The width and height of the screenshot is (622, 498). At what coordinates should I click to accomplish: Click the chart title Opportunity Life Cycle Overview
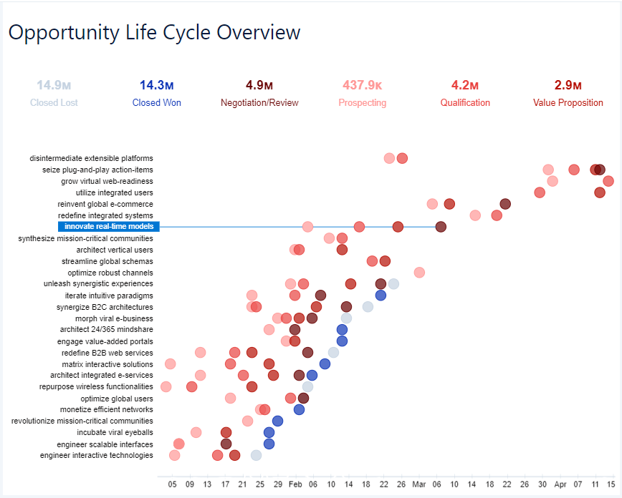(154, 32)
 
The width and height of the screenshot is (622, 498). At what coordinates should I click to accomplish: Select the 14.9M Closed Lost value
(54, 86)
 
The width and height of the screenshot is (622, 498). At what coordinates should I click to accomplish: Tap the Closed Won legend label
(157, 103)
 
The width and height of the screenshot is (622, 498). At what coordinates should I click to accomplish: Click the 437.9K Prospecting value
(362, 86)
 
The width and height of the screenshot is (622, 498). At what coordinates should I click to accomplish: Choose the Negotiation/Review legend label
(259, 103)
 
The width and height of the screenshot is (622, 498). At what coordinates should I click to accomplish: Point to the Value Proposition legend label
(568, 103)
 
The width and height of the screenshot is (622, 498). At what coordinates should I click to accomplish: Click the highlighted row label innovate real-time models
(108, 227)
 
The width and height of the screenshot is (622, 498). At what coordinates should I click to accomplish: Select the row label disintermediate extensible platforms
(92, 158)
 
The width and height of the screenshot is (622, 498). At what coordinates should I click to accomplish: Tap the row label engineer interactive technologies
(97, 456)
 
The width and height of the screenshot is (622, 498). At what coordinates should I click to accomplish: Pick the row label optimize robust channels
(110, 273)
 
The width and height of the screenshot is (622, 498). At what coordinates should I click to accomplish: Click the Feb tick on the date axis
(295, 484)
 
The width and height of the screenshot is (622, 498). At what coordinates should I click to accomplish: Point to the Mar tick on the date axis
(419, 484)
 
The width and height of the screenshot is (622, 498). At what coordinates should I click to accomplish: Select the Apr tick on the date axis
(560, 484)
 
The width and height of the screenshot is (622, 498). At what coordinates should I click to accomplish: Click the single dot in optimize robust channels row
(419, 273)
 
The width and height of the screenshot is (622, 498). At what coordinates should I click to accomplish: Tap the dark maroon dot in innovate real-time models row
(441, 227)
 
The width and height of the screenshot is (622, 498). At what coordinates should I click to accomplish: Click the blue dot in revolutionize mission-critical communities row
(277, 421)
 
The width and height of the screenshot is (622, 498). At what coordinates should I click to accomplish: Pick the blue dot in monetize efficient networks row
(299, 409)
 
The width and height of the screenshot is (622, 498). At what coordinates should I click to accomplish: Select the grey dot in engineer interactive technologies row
(256, 455)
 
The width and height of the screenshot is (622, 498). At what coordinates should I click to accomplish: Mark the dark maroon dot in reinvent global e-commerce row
(505, 204)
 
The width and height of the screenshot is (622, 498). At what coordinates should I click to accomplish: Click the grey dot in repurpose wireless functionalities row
(307, 386)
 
